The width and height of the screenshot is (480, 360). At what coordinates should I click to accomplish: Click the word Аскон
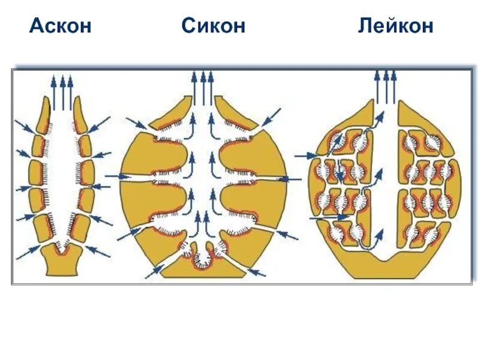point(61,26)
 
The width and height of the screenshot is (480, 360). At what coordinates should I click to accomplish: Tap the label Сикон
point(213,26)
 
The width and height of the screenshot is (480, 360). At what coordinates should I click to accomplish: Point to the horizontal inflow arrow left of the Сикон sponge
point(118,176)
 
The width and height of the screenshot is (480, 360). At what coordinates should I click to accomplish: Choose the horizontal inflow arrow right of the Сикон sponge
point(290,179)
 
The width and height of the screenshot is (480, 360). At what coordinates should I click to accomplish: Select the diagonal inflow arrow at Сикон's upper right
point(272,115)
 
